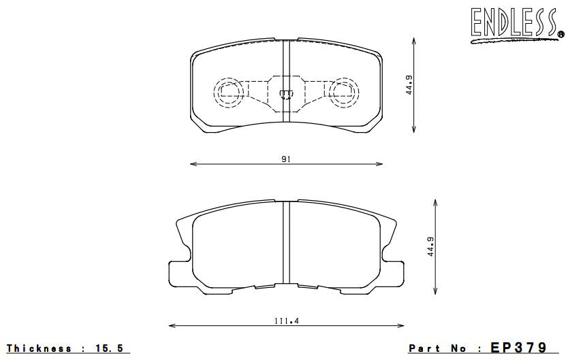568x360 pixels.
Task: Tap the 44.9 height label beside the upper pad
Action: (x=409, y=84)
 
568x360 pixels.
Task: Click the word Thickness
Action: (x=40, y=348)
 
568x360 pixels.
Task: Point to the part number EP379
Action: (x=519, y=348)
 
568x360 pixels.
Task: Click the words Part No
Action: (x=437, y=348)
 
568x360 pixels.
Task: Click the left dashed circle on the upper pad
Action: (x=228, y=91)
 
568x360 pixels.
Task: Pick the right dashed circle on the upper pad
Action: (x=343, y=91)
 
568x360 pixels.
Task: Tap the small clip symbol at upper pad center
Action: (x=286, y=93)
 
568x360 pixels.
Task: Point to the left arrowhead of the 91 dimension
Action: (x=191, y=163)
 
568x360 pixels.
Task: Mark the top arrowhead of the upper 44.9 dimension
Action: (x=415, y=40)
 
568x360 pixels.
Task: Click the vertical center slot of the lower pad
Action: (x=286, y=244)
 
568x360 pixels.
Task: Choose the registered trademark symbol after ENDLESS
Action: (x=560, y=33)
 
